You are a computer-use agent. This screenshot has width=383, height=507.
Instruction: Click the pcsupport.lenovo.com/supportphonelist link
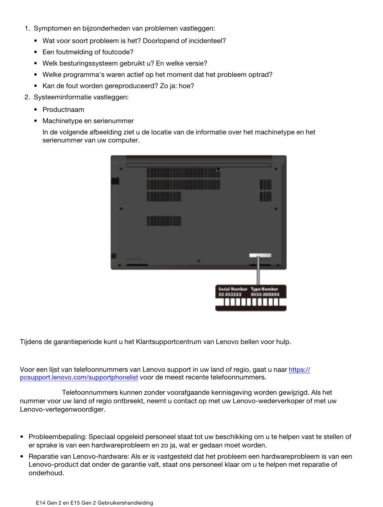point(79,377)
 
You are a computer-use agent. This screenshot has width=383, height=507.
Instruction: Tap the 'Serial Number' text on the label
point(233,289)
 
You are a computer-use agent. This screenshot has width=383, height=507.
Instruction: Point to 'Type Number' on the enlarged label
point(264,289)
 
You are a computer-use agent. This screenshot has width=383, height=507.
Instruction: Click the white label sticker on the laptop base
point(260,255)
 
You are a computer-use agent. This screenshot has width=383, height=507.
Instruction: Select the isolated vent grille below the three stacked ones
point(164,221)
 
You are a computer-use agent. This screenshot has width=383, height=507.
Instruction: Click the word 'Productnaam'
point(63,109)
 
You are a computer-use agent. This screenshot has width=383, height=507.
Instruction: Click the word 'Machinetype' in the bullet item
point(62,121)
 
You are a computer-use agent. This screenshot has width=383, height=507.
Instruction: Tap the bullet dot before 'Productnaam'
point(36,110)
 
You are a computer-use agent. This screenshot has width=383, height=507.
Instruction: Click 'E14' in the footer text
point(41,503)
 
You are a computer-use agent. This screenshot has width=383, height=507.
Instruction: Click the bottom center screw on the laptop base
point(198,261)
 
